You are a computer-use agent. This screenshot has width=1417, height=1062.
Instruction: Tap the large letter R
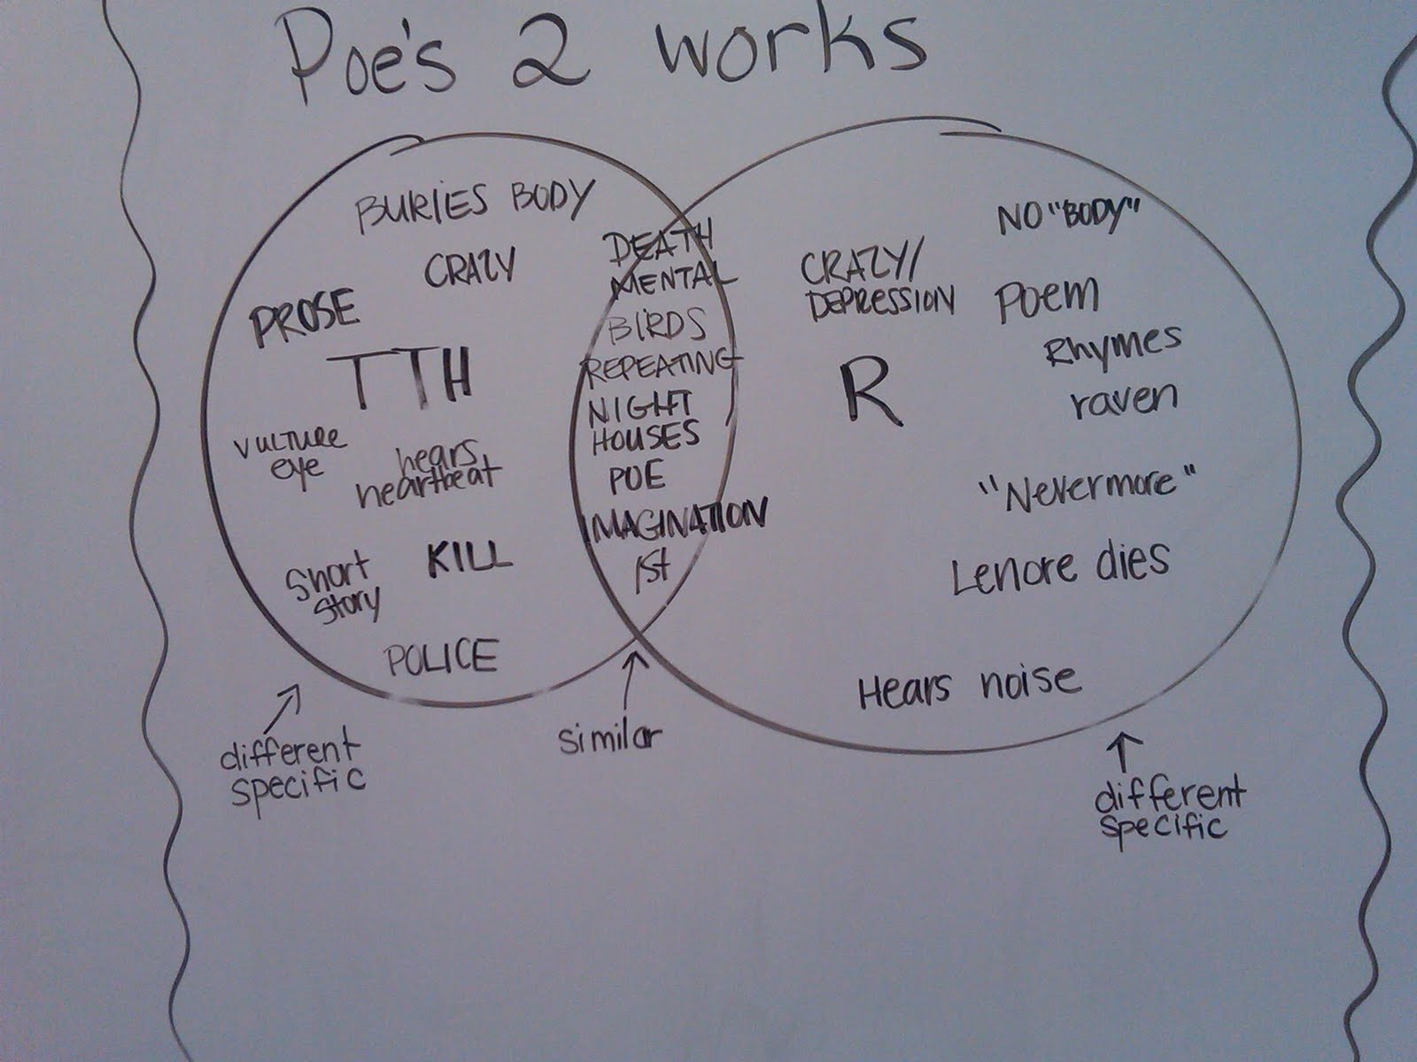(x=869, y=393)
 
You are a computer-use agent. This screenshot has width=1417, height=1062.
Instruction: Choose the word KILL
(x=468, y=559)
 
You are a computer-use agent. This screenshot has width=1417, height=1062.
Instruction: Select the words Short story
(x=333, y=588)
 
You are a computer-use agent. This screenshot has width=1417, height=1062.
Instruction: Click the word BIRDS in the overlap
(x=658, y=326)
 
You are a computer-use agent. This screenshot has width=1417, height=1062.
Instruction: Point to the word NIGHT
(x=640, y=408)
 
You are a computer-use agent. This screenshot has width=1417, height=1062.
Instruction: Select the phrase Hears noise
(x=970, y=686)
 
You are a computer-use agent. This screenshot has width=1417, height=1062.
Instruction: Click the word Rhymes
(x=1112, y=346)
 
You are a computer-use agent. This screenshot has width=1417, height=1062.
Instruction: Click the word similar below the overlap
(x=610, y=737)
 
